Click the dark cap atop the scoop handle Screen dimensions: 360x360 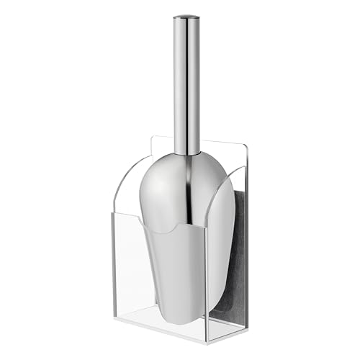click(186, 16)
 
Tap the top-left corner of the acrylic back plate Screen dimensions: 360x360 click(151, 136)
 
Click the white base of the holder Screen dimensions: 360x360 click(180, 333)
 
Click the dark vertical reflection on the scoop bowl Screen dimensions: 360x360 click(193, 216)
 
